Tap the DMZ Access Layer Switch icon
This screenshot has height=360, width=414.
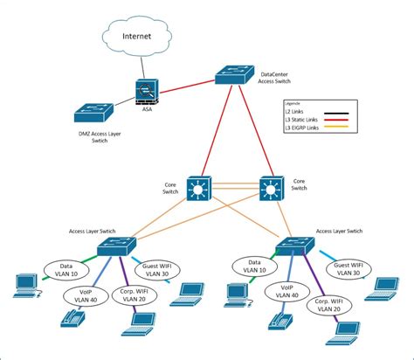[93, 112]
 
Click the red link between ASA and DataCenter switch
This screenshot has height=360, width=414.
[187, 84]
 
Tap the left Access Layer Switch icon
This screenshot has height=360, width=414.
[115, 246]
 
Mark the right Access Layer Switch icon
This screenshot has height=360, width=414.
[295, 246]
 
